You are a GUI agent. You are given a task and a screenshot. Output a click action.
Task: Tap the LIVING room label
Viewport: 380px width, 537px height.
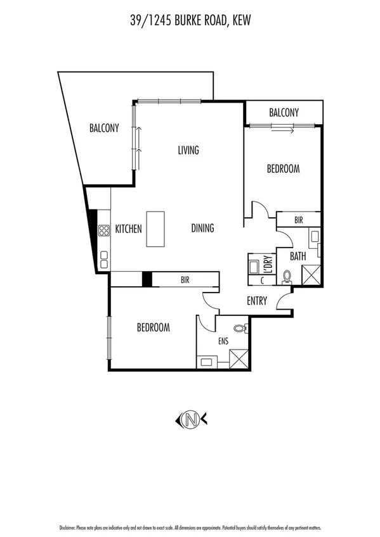[x=188, y=150]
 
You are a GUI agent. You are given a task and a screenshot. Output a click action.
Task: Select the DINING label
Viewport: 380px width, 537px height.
[x=202, y=229]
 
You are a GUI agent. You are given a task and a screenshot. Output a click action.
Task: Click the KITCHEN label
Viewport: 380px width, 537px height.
[x=128, y=229]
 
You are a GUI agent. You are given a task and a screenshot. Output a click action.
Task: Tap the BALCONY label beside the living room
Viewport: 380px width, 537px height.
[x=103, y=128]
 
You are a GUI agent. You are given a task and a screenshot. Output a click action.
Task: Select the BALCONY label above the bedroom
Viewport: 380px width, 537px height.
[x=284, y=112]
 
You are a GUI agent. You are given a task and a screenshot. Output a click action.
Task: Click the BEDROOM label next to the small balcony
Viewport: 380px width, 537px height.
[x=282, y=169]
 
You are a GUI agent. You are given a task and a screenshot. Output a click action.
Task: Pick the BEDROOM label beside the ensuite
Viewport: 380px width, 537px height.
[x=154, y=327]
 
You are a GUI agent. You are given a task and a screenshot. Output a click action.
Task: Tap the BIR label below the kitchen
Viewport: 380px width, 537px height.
[x=185, y=279]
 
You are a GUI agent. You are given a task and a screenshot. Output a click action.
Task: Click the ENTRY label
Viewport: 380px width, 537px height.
[x=257, y=301]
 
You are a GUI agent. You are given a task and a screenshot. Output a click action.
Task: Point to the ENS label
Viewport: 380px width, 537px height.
[x=223, y=341]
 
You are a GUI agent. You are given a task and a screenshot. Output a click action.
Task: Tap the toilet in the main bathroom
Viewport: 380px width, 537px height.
[x=287, y=276]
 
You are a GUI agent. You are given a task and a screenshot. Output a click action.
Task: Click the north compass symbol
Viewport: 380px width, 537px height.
[x=190, y=419]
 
